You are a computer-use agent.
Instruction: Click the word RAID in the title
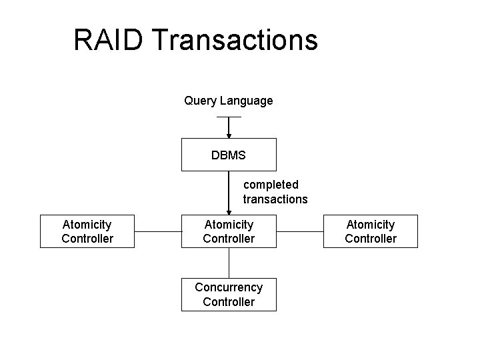109,40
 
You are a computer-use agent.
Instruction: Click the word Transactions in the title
235,40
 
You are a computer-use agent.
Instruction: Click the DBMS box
229,155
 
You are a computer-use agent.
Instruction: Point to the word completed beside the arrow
271,184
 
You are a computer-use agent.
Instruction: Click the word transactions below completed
275,199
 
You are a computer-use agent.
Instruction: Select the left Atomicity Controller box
87,231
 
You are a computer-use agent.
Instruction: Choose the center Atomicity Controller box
229,231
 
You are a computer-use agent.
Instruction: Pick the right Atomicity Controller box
371,231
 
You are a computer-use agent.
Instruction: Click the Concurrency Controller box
229,295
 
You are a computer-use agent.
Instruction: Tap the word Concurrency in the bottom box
229,287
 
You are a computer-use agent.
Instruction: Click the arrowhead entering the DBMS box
229,135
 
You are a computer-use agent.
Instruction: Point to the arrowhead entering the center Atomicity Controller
229,211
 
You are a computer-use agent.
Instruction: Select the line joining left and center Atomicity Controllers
158,232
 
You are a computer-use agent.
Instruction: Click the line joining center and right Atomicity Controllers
299,232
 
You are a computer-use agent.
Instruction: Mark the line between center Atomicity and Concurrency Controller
229,263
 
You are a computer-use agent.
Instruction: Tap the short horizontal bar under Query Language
229,117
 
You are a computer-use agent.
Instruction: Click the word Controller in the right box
371,239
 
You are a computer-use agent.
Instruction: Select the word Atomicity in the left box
87,225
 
